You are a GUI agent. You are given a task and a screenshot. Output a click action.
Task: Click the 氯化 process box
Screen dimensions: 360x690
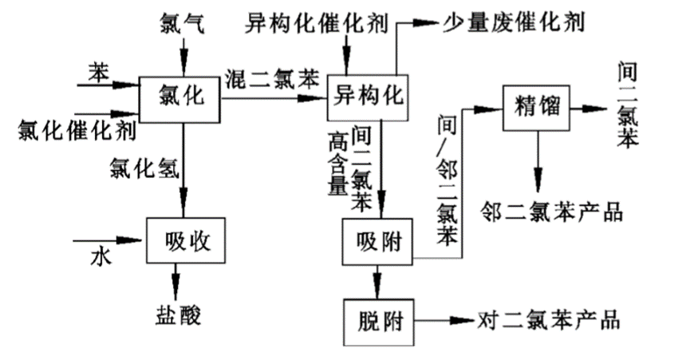click(x=179, y=98)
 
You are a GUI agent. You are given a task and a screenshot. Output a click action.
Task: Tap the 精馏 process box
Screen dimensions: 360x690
click(x=535, y=109)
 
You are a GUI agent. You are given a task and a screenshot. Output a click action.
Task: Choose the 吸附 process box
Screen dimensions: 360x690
click(x=377, y=240)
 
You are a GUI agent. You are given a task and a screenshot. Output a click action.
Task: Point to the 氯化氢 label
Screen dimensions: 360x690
click(x=148, y=168)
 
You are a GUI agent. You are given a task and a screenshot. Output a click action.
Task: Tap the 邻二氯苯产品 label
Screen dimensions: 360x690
click(x=551, y=212)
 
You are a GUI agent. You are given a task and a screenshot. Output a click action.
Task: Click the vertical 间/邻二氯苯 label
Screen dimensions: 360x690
click(x=448, y=179)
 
